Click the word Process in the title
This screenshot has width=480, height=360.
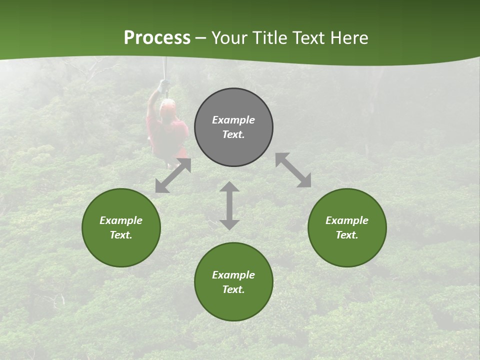point(157,38)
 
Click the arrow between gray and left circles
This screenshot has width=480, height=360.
point(173,175)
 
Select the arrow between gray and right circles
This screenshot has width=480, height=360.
point(293,170)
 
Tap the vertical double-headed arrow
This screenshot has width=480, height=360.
point(229,205)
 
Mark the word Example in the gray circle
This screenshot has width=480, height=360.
point(233,120)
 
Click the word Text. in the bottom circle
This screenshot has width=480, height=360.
point(233,289)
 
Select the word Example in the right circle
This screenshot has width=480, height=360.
point(347,220)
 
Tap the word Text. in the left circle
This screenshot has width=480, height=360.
point(121,235)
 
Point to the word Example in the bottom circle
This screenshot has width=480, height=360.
point(233,275)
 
